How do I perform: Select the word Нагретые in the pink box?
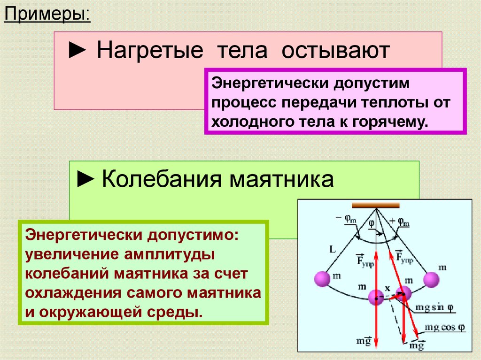tap(150, 50)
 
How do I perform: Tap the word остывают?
tap(336, 50)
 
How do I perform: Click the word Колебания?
tap(158, 179)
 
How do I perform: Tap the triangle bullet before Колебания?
tap(85, 179)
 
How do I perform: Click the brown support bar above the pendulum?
tap(376, 205)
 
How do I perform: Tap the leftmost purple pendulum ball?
tap(323, 279)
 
